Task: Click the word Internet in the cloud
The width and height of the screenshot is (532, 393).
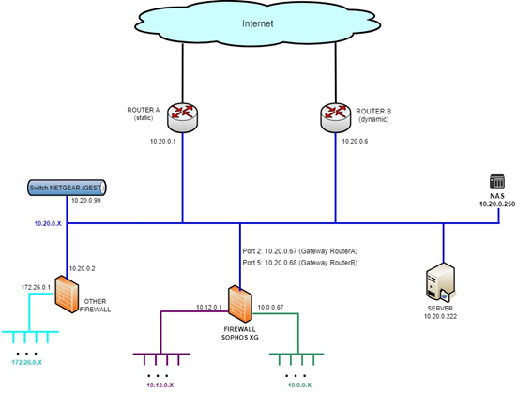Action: [257, 23]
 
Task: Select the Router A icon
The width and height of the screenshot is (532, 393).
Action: [183, 117]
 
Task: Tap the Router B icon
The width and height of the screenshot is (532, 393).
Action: [336, 117]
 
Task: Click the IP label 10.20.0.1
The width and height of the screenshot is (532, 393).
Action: [163, 141]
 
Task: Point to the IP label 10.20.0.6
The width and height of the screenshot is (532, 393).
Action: [355, 141]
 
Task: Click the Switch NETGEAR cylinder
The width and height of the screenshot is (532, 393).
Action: [67, 188]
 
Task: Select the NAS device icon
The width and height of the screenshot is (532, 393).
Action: [497, 181]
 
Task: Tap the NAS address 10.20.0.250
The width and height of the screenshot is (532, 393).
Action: [497, 204]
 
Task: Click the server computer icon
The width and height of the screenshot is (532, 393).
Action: [441, 282]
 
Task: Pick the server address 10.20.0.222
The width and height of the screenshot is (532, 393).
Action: [440, 316]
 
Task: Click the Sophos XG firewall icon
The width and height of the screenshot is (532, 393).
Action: [240, 304]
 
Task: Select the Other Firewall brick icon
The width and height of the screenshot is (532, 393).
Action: [67, 294]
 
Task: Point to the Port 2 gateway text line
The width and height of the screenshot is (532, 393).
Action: [300, 251]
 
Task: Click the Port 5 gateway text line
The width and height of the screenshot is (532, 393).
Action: [300, 263]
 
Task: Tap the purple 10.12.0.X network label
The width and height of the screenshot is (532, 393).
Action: [160, 385]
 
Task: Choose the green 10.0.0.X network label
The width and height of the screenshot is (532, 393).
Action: [299, 385]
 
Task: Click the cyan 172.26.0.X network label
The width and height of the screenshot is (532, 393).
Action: [27, 362]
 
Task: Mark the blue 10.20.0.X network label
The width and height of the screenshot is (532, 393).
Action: [48, 224]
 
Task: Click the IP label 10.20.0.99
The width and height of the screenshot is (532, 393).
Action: [85, 201]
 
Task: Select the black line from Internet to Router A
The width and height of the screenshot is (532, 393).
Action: [183, 73]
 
